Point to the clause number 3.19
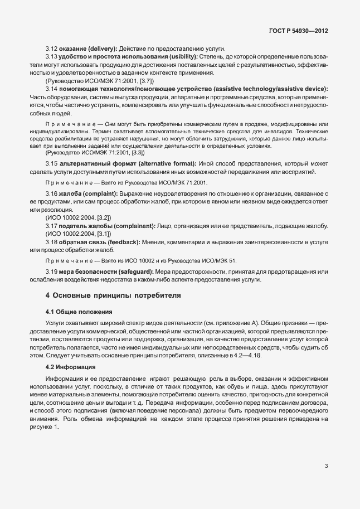tap(51, 271)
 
